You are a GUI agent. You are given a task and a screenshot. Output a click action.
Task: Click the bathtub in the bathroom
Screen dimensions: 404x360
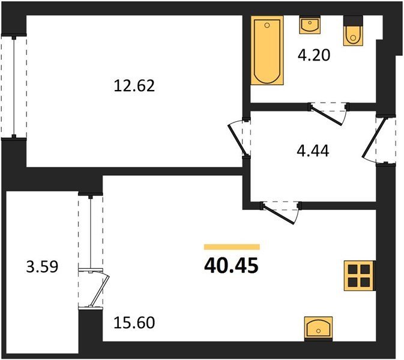click(x=267, y=50)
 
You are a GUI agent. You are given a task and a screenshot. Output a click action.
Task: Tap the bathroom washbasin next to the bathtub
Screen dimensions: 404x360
click(x=310, y=25)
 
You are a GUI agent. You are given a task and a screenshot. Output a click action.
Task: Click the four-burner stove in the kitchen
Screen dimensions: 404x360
click(x=359, y=276)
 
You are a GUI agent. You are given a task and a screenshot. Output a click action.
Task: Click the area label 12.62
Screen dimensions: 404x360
click(x=134, y=86)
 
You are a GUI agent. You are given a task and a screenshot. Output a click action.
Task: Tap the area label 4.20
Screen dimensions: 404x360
click(x=314, y=55)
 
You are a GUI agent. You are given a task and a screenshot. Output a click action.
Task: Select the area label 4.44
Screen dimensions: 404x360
click(x=313, y=151)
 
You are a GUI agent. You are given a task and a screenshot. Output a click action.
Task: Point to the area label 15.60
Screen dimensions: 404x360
click(x=134, y=322)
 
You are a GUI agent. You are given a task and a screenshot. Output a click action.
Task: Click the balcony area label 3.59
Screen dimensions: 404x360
click(x=42, y=266)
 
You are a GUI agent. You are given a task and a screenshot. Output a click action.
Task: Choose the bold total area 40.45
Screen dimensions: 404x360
click(x=231, y=266)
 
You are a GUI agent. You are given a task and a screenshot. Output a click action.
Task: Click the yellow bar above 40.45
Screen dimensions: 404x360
click(x=232, y=247)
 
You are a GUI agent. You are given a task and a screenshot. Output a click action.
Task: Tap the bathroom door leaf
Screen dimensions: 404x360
click(x=327, y=115)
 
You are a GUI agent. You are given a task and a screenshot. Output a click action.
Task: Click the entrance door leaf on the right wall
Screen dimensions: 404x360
click(x=374, y=138)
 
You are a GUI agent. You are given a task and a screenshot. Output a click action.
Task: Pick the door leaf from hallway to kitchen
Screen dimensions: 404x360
click(x=278, y=214)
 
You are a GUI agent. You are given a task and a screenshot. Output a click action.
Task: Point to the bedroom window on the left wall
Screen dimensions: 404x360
click(x=14, y=87)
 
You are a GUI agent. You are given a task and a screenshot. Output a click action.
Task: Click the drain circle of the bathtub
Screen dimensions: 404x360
click(x=267, y=25)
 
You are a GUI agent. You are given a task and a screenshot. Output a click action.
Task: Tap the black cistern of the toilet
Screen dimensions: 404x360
click(x=353, y=20)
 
